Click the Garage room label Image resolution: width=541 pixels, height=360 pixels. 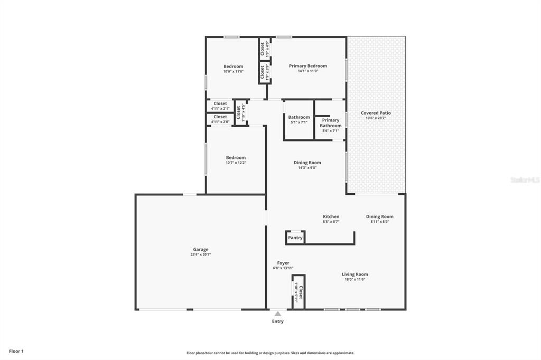[200, 250]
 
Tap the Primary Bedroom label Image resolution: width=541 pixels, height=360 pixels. [307, 66]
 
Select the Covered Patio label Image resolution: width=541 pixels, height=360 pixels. [376, 113]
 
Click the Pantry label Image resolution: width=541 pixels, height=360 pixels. [295, 238]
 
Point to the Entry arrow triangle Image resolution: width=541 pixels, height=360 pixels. [277, 314]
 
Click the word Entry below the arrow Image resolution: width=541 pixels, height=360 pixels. [277, 321]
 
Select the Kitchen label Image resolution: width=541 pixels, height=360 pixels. [331, 216]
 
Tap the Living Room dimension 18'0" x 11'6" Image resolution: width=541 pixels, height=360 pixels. [355, 279]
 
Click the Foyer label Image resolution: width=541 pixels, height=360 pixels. [283, 263]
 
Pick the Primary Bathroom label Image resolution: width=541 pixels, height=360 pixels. [331, 122]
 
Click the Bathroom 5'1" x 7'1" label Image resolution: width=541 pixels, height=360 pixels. [299, 117]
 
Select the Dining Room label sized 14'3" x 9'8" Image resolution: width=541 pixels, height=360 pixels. [307, 163]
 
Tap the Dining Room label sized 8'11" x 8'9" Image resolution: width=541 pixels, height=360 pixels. [379, 216]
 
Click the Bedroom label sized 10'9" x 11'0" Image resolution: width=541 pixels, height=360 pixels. [233, 67]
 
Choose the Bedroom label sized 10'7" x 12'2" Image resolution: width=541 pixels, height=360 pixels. [236, 158]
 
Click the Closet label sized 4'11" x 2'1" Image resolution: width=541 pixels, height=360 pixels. [220, 104]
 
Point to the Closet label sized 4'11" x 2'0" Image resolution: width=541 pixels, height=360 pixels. [220, 117]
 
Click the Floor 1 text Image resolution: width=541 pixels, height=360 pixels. [16, 351]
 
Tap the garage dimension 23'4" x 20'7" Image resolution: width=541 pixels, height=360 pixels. [200, 254]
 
